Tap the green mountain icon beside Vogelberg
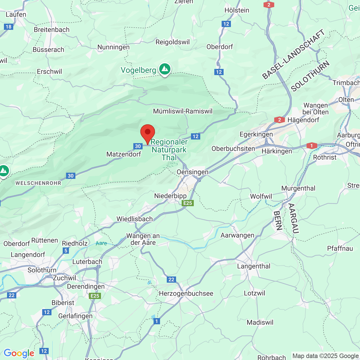(x=165, y=69)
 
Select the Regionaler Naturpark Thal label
(x=169, y=150)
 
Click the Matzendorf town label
(x=124, y=154)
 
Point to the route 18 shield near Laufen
(x=9, y=27)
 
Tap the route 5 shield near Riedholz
(x=66, y=251)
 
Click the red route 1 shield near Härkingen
(x=311, y=146)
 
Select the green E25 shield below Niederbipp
(x=188, y=203)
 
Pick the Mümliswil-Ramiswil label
(x=183, y=111)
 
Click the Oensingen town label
(x=192, y=172)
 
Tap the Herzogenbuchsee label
(x=186, y=293)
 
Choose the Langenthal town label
(x=254, y=266)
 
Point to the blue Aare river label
(x=101, y=243)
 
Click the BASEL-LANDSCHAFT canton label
(x=293, y=54)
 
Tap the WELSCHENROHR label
(x=38, y=183)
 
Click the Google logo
(x=19, y=353)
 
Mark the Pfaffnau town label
(x=340, y=248)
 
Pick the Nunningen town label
(x=113, y=47)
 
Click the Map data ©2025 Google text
(x=325, y=356)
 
